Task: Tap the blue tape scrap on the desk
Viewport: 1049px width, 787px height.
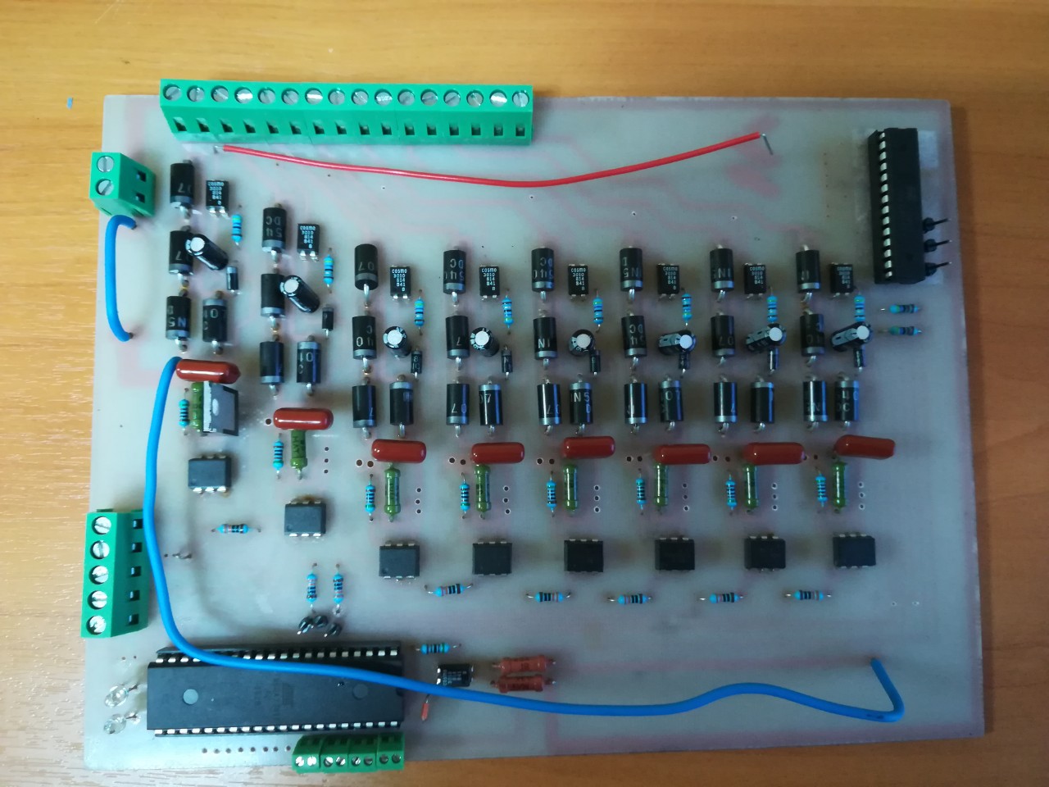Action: click(70, 105)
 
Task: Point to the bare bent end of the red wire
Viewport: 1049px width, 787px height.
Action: click(767, 143)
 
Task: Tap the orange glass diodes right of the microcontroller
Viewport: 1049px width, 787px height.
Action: click(524, 672)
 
